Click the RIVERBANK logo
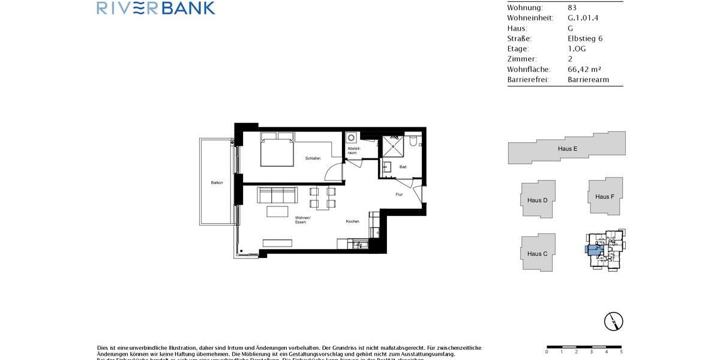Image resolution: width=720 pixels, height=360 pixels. pyautogui.click(x=155, y=8)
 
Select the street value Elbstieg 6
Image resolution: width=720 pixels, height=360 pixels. pyautogui.click(x=585, y=39)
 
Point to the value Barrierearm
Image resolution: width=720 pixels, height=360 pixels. pyautogui.click(x=588, y=80)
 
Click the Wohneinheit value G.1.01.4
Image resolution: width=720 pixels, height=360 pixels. pyautogui.click(x=583, y=18)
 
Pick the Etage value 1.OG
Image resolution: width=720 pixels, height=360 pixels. pyautogui.click(x=577, y=49)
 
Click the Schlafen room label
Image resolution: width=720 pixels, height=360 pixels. pyautogui.click(x=313, y=158)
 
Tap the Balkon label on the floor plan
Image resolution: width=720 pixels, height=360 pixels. pyautogui.click(x=217, y=182)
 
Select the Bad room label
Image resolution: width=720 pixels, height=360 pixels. pyautogui.click(x=403, y=167)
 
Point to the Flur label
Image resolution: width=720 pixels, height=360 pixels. pyautogui.click(x=399, y=194)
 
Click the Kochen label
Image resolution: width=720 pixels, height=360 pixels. pyautogui.click(x=352, y=221)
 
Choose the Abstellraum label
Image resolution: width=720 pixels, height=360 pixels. pyautogui.click(x=352, y=151)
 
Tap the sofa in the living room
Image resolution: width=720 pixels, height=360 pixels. pyautogui.click(x=277, y=195)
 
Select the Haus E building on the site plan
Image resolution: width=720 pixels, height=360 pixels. pyautogui.click(x=566, y=148)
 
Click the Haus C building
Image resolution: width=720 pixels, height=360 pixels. pyautogui.click(x=537, y=253)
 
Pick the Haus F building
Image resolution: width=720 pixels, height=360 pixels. pyautogui.click(x=604, y=196)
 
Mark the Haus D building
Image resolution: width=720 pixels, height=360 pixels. pyautogui.click(x=537, y=200)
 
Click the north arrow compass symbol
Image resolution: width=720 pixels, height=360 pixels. pyautogui.click(x=613, y=321)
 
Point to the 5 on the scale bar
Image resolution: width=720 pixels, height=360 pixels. pyautogui.click(x=620, y=352)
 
